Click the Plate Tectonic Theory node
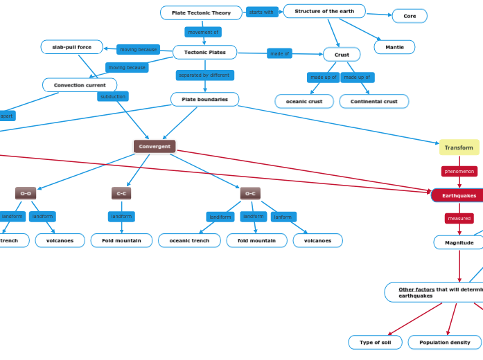(201, 13)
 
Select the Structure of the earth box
(324, 11)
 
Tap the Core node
(410, 16)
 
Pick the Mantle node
(394, 47)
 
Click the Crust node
(342, 55)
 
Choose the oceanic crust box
(304, 102)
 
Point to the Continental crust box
(374, 102)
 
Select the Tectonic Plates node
(204, 53)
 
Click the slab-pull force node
(71, 47)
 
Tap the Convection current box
(80, 85)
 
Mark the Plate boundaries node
(204, 100)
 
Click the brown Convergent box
(155, 147)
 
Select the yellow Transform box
(459, 147)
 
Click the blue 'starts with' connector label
(261, 12)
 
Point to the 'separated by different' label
(204, 75)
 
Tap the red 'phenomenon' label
(459, 171)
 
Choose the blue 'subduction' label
(113, 97)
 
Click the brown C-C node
(121, 194)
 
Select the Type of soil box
(375, 343)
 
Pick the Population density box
(444, 343)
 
